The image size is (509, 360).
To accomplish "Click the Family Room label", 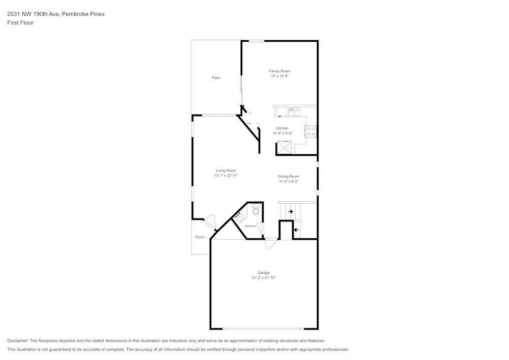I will pyautogui.click(x=279, y=71).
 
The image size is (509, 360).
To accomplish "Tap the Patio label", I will pyautogui.click(x=216, y=77).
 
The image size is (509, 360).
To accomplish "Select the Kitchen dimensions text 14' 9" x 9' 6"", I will pyautogui.click(x=282, y=133).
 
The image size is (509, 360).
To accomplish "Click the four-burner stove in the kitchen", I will pyautogui.click(x=310, y=131).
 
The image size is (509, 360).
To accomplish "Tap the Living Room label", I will pyautogui.click(x=225, y=171).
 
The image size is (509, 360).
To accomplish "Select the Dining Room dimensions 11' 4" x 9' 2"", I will pyautogui.click(x=288, y=181).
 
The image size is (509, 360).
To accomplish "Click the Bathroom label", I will pyautogui.click(x=250, y=226).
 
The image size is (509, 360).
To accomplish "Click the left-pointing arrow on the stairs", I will pyautogui.click(x=296, y=230).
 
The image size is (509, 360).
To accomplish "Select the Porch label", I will pyautogui.click(x=200, y=237).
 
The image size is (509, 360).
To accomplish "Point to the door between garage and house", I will pyautogui.click(x=271, y=243).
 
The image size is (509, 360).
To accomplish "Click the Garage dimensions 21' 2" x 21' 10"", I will pyautogui.click(x=263, y=278).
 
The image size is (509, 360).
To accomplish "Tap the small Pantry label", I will pyautogui.click(x=249, y=123).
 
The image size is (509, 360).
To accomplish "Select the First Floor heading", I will pyautogui.click(x=20, y=23).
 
